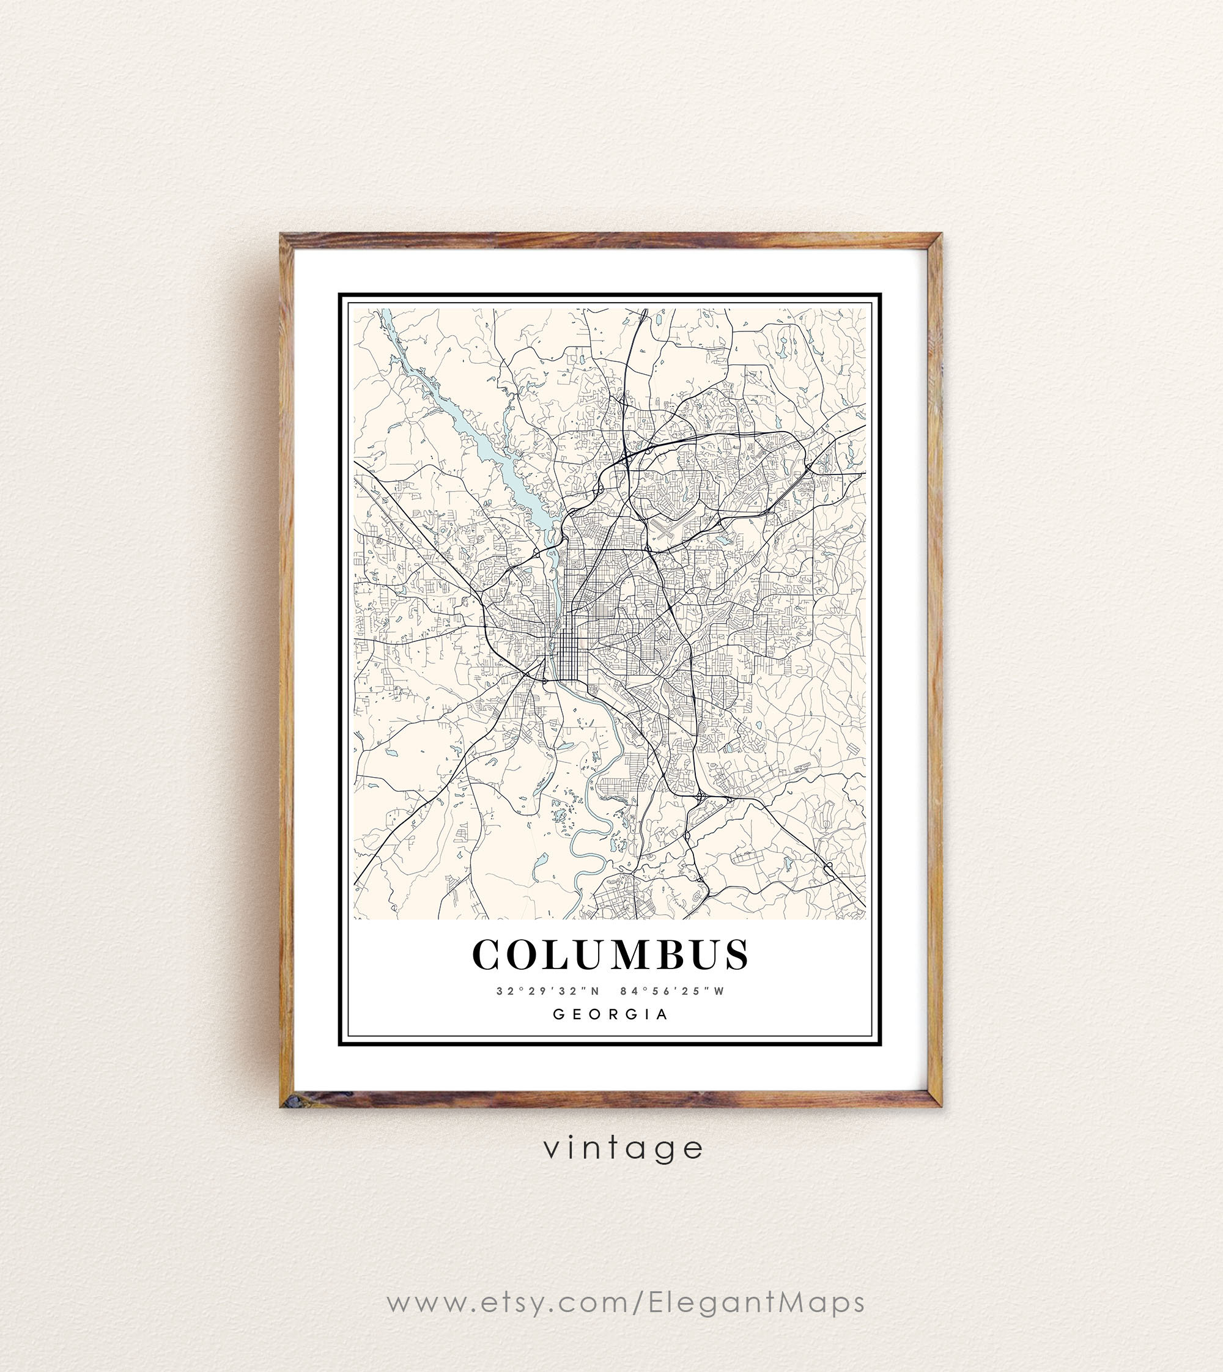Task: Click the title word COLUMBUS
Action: [610, 955]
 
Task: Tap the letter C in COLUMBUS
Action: [489, 955]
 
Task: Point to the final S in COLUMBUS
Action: [736, 955]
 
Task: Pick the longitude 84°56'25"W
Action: [673, 991]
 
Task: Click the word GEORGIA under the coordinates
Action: [610, 1014]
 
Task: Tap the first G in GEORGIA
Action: [558, 1014]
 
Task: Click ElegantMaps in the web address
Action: [756, 1302]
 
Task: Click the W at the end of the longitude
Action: [720, 991]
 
